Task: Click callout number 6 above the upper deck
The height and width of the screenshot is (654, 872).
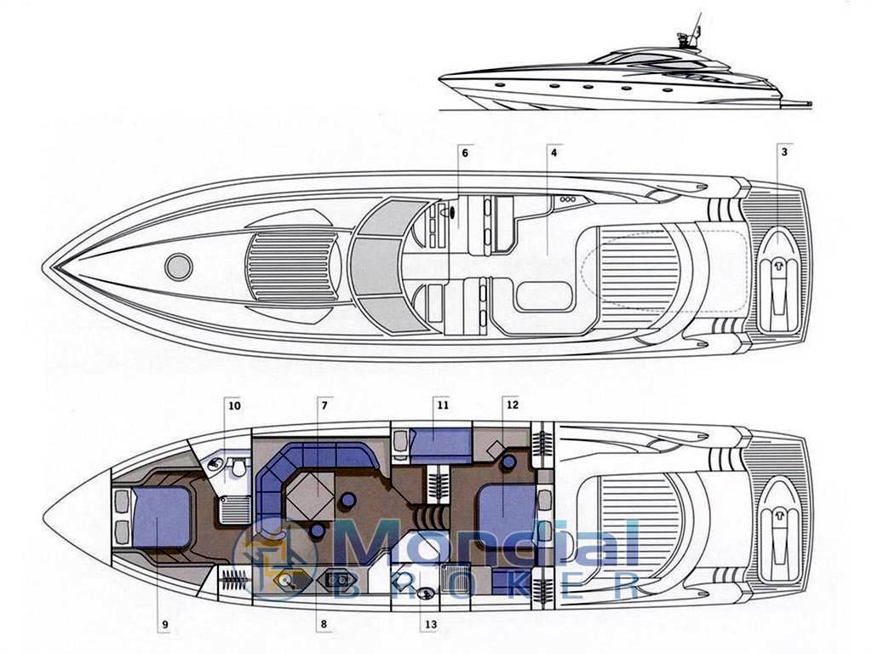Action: coord(465,152)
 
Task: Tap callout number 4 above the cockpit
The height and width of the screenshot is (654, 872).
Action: coord(554,152)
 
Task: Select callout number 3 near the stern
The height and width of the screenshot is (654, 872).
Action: coord(784,152)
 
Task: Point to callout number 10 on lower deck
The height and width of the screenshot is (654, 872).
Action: coord(235,406)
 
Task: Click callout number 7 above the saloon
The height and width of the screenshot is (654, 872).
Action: coord(324,405)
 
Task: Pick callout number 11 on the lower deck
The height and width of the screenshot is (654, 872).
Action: coord(442,405)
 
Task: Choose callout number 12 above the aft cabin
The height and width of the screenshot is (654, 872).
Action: coord(512,404)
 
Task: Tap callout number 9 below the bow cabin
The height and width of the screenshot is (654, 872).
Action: coord(165,624)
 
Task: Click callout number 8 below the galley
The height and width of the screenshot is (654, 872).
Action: coord(324,624)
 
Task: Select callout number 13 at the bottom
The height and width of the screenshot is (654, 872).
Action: coord(431,624)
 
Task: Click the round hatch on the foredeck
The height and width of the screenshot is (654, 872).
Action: coord(179,267)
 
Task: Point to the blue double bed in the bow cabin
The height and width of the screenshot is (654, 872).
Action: coord(162,517)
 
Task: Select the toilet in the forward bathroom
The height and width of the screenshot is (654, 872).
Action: coord(239,468)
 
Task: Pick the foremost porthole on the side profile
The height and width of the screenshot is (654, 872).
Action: coord(499,84)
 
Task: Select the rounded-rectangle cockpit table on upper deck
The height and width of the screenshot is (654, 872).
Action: coord(544,296)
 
